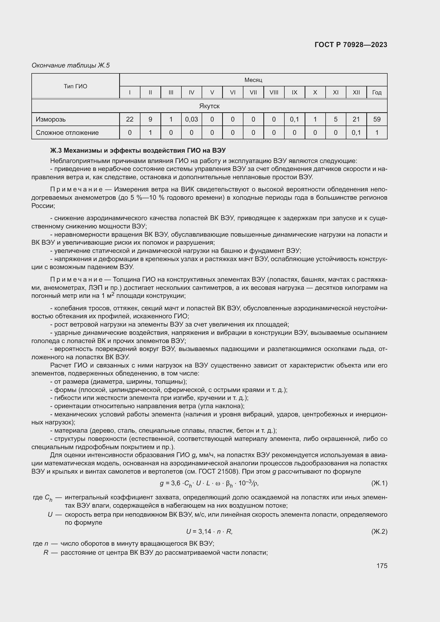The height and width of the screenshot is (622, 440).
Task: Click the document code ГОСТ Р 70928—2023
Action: [x=351, y=45]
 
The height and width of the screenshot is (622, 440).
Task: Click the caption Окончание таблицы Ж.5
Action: [x=71, y=65]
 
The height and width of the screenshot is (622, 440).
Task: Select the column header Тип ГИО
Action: [x=76, y=86]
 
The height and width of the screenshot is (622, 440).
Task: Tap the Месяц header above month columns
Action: [x=253, y=80]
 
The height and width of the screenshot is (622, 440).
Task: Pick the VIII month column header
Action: [x=274, y=92]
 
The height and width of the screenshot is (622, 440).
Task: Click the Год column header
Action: [x=377, y=92]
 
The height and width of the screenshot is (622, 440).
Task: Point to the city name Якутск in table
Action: [x=209, y=106]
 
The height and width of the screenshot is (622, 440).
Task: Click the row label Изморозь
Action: [x=51, y=119]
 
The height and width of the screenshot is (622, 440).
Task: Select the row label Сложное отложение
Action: [x=67, y=132]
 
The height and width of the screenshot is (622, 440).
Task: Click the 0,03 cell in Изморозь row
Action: [x=192, y=119]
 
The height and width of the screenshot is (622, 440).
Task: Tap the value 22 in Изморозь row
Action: [x=130, y=119]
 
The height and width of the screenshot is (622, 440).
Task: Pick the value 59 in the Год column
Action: [x=377, y=119]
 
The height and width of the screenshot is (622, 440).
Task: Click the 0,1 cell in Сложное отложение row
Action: [x=356, y=132]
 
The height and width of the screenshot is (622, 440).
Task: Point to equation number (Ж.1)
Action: [x=379, y=483]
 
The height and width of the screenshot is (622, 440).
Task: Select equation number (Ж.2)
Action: [x=379, y=532]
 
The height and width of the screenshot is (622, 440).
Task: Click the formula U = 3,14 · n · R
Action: [x=209, y=532]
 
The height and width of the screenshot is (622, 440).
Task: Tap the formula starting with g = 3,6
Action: [x=209, y=483]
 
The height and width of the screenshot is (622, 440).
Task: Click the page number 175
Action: [x=382, y=566]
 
